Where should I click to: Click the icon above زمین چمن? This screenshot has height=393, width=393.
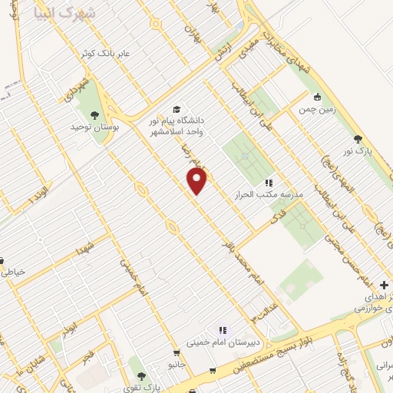317,97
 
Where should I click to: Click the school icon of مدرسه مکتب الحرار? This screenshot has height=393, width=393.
269,183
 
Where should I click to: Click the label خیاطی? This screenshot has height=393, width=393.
15,271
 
